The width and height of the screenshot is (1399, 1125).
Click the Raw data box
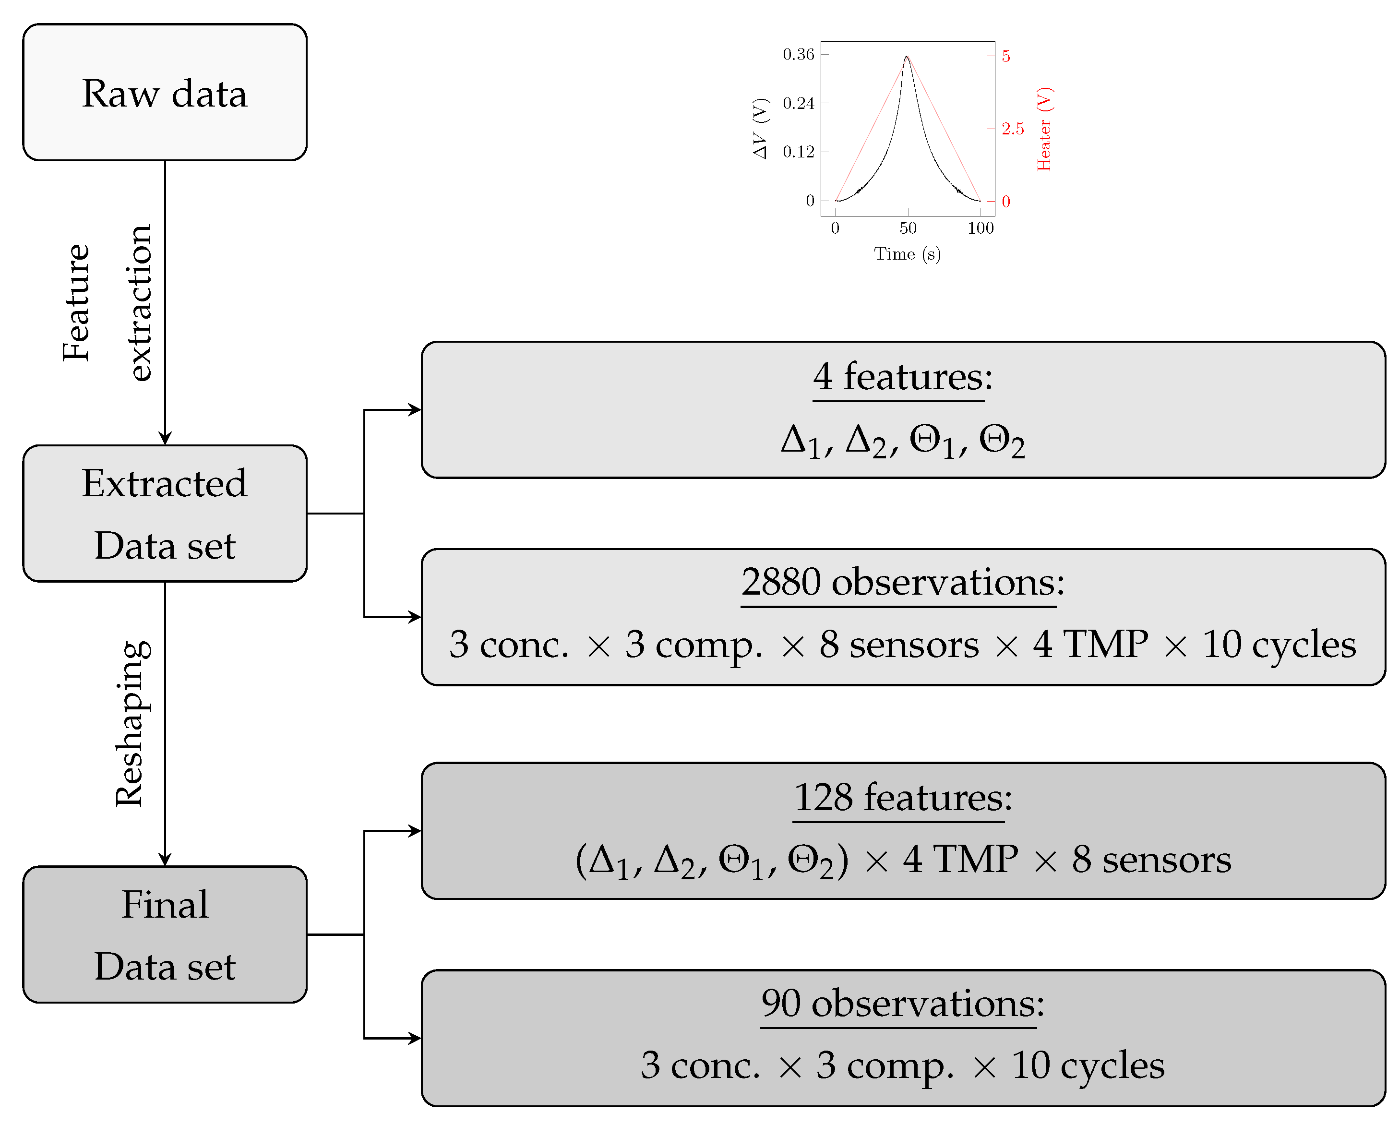pos(164,92)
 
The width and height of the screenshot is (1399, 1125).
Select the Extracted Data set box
pos(164,513)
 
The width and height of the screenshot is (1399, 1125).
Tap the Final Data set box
pos(164,934)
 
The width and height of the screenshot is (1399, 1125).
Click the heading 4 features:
pos(902,377)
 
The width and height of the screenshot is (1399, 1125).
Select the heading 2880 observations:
pos(902,582)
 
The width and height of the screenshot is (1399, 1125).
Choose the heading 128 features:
pos(902,797)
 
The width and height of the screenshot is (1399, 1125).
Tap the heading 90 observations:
pos(902,1003)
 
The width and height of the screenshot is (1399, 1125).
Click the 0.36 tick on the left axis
pos(798,55)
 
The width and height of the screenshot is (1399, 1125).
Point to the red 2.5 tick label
pos(1012,129)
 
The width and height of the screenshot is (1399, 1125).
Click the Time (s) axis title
pos(907,254)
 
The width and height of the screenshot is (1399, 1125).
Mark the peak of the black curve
pos(907,57)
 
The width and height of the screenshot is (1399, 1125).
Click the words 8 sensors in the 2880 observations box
pos(899,645)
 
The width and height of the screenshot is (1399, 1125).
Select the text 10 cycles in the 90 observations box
pos(1088,1065)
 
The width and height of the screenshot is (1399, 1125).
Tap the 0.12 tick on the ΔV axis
pos(798,152)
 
